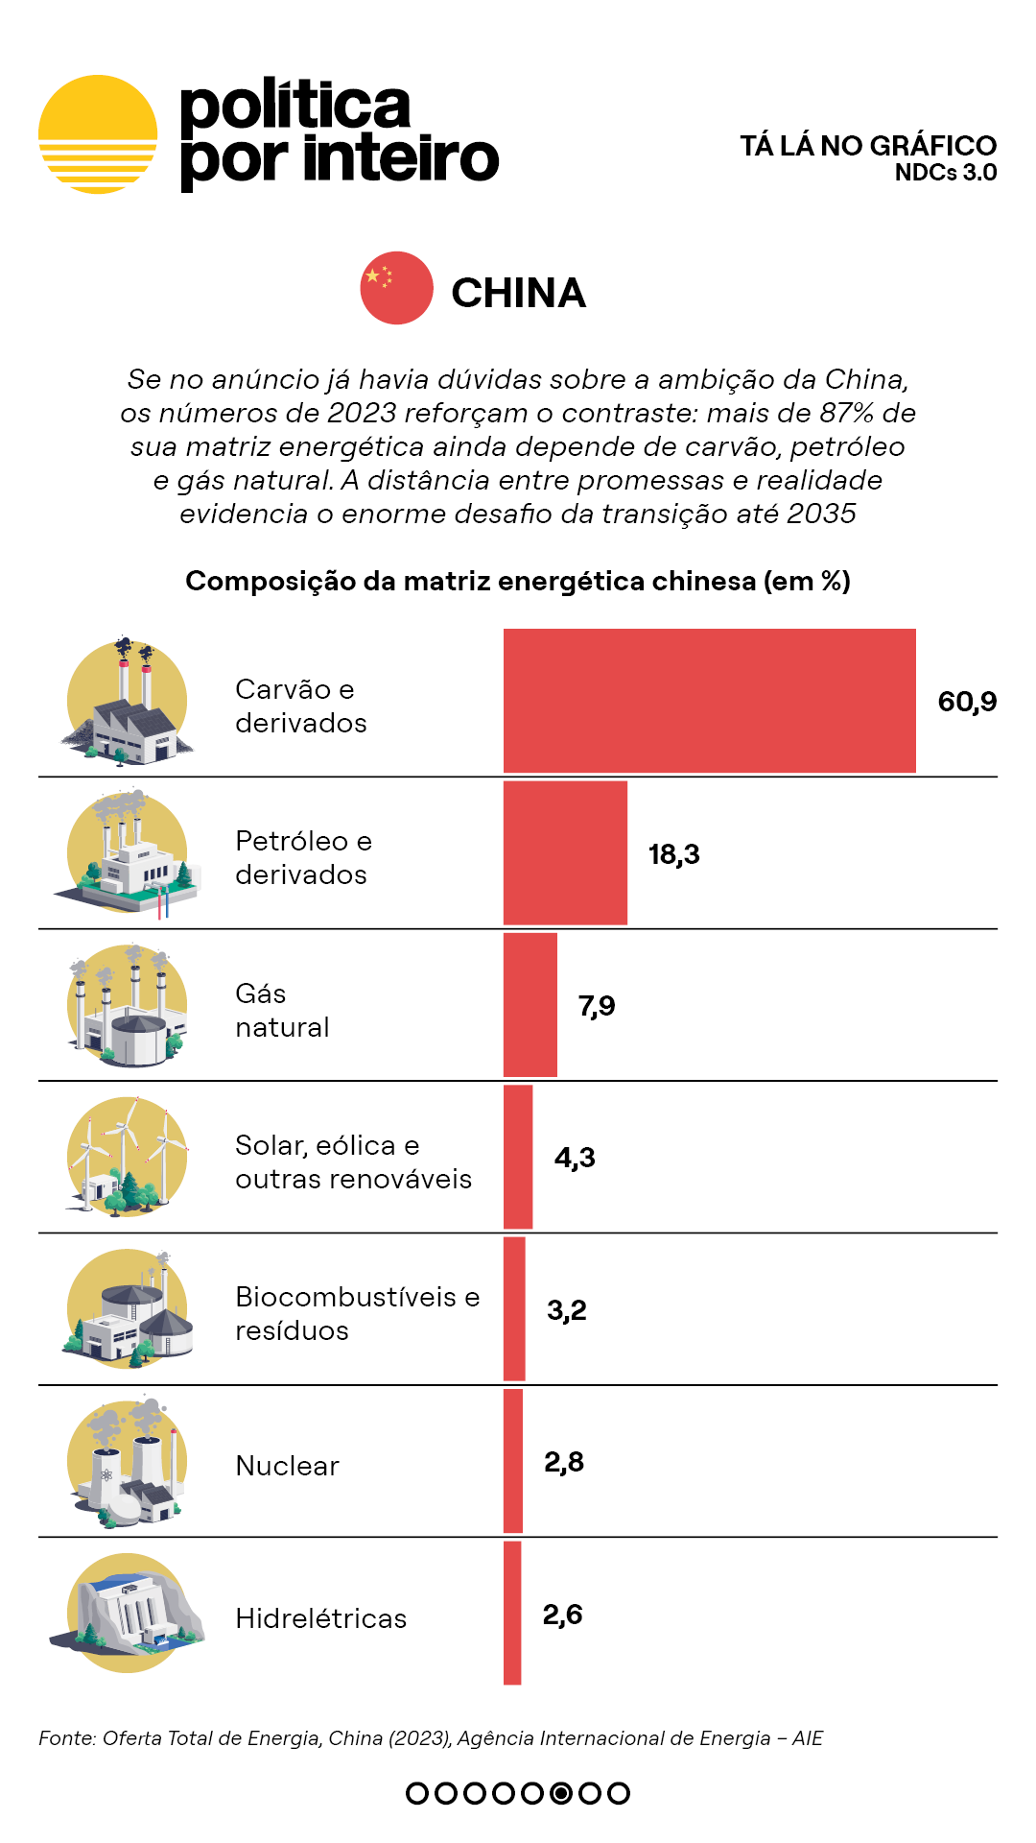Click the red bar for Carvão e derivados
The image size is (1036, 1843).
pos(709,701)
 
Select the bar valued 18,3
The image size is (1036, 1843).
pos(565,853)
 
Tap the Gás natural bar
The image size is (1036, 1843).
pos(530,1005)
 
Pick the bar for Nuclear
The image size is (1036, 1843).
pos(513,1461)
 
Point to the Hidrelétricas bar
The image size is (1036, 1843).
pos(512,1613)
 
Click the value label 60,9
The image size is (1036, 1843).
pos(967,702)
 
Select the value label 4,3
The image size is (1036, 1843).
pos(575,1158)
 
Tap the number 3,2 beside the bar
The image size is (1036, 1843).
pos(566,1310)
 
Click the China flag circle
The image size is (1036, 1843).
pos(396,288)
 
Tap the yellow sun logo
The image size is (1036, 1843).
pos(98,134)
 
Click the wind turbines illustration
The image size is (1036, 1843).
pos(127,1157)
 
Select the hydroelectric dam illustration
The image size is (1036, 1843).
pos(127,1613)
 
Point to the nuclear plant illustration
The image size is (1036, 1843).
pos(127,1461)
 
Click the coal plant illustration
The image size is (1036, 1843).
pos(127,702)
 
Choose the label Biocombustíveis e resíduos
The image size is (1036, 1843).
pos(357,1313)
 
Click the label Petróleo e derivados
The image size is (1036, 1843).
pos(303,857)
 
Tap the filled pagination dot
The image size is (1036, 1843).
pos(561,1793)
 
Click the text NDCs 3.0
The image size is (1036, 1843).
pos(945,173)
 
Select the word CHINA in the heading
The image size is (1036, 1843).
pos(518,293)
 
